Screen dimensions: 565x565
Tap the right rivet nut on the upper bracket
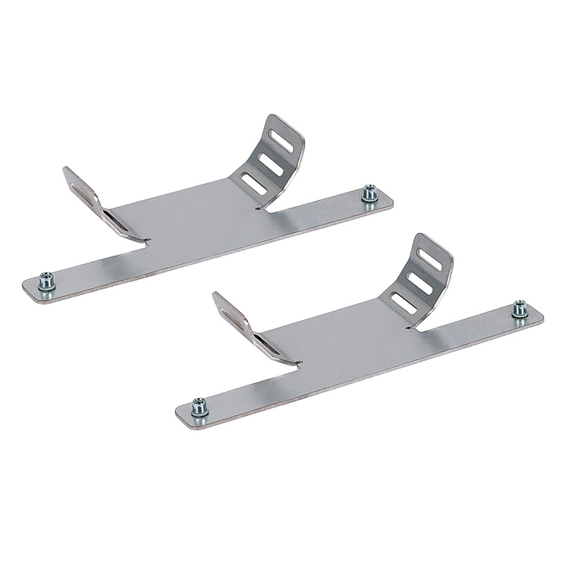click(x=369, y=193)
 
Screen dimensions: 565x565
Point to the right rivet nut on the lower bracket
click(x=521, y=309)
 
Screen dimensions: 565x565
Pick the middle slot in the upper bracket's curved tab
click(x=270, y=163)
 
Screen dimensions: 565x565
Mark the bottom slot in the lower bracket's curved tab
click(x=403, y=303)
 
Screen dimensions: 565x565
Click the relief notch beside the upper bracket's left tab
click(x=147, y=242)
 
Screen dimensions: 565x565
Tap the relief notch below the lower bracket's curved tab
click(x=408, y=328)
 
